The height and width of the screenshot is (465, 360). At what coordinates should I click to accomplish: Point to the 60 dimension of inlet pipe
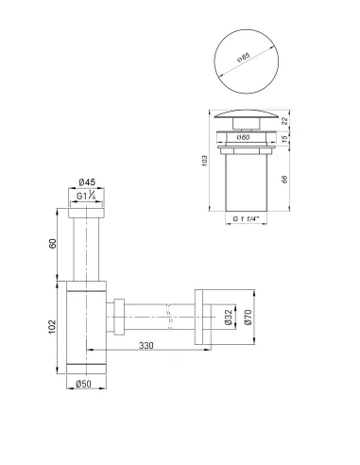tap(55, 243)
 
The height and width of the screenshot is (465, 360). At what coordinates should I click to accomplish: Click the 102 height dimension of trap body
tap(55, 326)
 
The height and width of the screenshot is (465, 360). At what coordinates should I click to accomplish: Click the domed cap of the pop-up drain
tap(247, 118)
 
